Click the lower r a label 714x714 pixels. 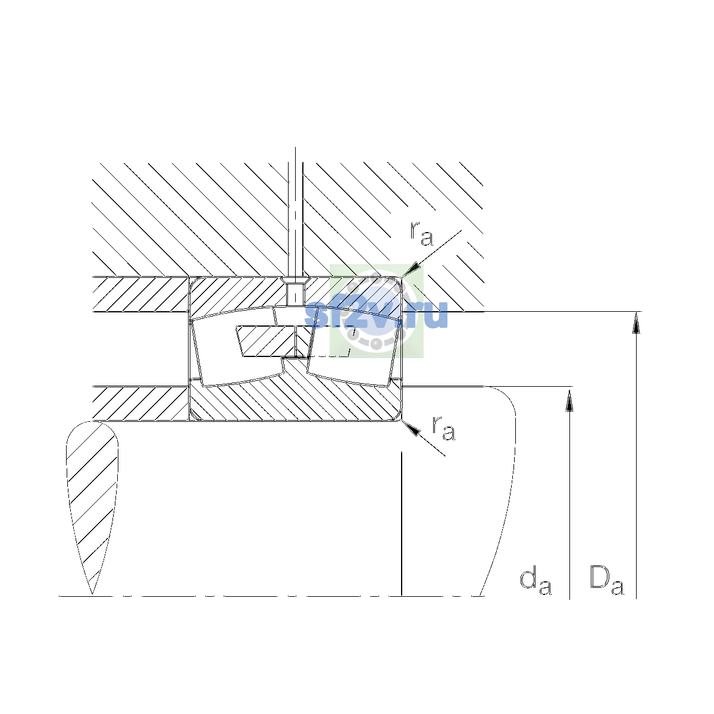click(443, 428)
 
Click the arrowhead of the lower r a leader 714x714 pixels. click(411, 428)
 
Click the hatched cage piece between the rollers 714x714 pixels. click(273, 342)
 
